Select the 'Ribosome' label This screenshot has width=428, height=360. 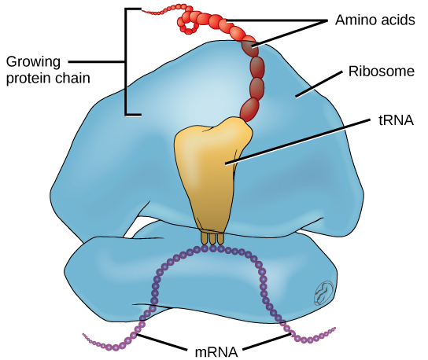(x=381, y=72)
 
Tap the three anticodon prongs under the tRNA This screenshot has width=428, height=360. (x=212, y=237)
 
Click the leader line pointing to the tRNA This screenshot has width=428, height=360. (x=299, y=141)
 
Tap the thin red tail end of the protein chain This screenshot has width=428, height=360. (x=153, y=12)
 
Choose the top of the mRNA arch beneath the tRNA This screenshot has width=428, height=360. (x=208, y=248)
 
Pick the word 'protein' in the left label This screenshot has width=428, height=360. (x=29, y=78)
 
